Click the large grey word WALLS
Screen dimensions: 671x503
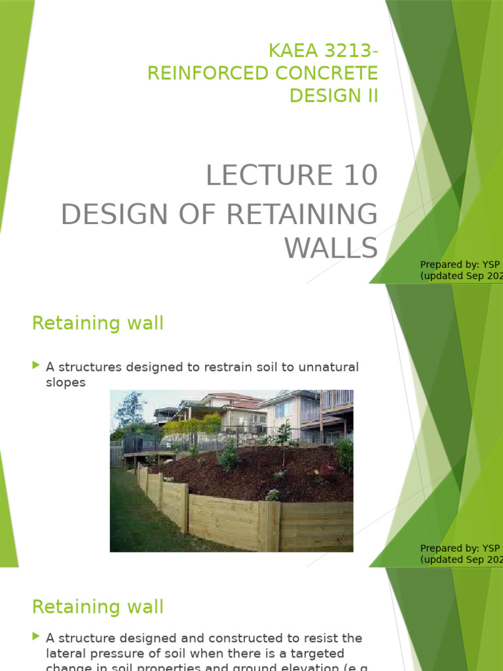click(x=331, y=248)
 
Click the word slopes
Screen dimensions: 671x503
click(x=65, y=383)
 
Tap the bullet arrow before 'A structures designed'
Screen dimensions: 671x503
click(x=35, y=366)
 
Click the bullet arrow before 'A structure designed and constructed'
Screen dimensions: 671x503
click(x=35, y=636)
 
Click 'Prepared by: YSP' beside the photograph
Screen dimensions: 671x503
click(x=460, y=548)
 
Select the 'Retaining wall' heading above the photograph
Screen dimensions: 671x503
click(x=98, y=323)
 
